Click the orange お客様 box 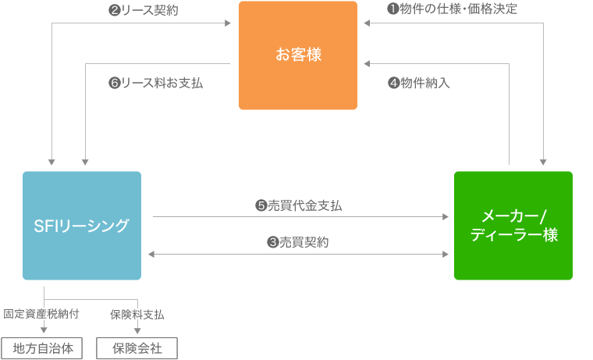(297, 55)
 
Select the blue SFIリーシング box (82, 225)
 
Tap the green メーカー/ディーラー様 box (513, 225)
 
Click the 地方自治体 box (43, 348)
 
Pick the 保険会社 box (137, 348)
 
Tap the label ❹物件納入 (419, 82)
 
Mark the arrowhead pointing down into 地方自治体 (44, 331)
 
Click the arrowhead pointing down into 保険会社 (137, 331)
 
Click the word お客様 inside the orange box (297, 55)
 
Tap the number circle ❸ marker (273, 242)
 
